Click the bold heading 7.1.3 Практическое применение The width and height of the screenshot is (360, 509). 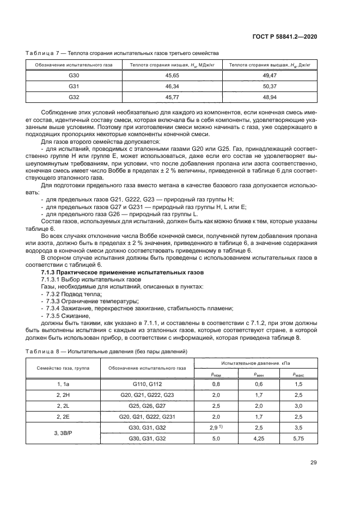tap(123, 271)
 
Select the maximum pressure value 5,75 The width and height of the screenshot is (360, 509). tap(297, 438)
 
